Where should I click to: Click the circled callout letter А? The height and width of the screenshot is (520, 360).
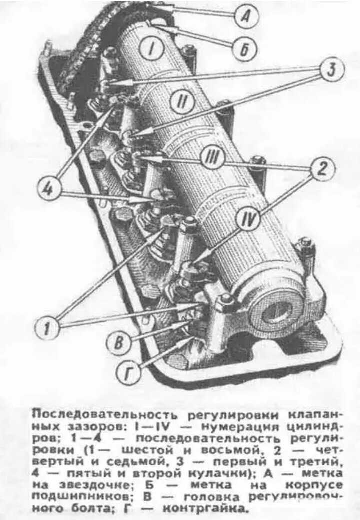246,17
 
